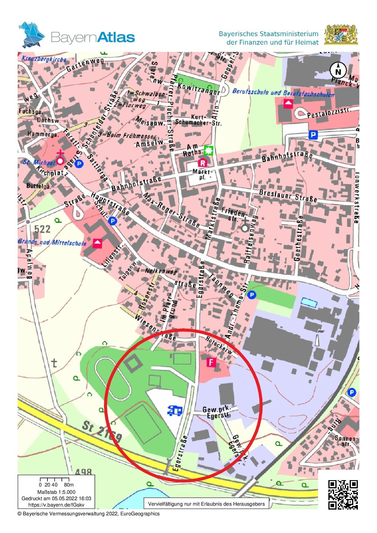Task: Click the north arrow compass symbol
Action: pyautogui.click(x=338, y=71)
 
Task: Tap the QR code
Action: pyautogui.click(x=343, y=494)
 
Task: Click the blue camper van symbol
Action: pyautogui.click(x=175, y=411)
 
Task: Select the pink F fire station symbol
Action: pyautogui.click(x=211, y=362)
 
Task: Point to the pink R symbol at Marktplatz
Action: pyautogui.click(x=202, y=163)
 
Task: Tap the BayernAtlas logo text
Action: pyautogui.click(x=93, y=37)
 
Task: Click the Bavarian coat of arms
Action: pyautogui.click(x=341, y=34)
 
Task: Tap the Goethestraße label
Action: pyautogui.click(x=298, y=238)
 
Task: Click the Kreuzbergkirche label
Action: pyautogui.click(x=44, y=59)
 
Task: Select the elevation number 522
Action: pyautogui.click(x=42, y=229)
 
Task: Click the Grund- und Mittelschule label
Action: pyautogui.click(x=52, y=242)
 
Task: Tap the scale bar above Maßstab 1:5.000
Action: pyautogui.click(x=55, y=480)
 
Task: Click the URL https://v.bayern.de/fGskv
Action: pyautogui.click(x=56, y=505)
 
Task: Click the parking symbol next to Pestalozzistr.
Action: pyautogui.click(x=313, y=135)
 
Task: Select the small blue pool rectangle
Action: pyautogui.click(x=309, y=303)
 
